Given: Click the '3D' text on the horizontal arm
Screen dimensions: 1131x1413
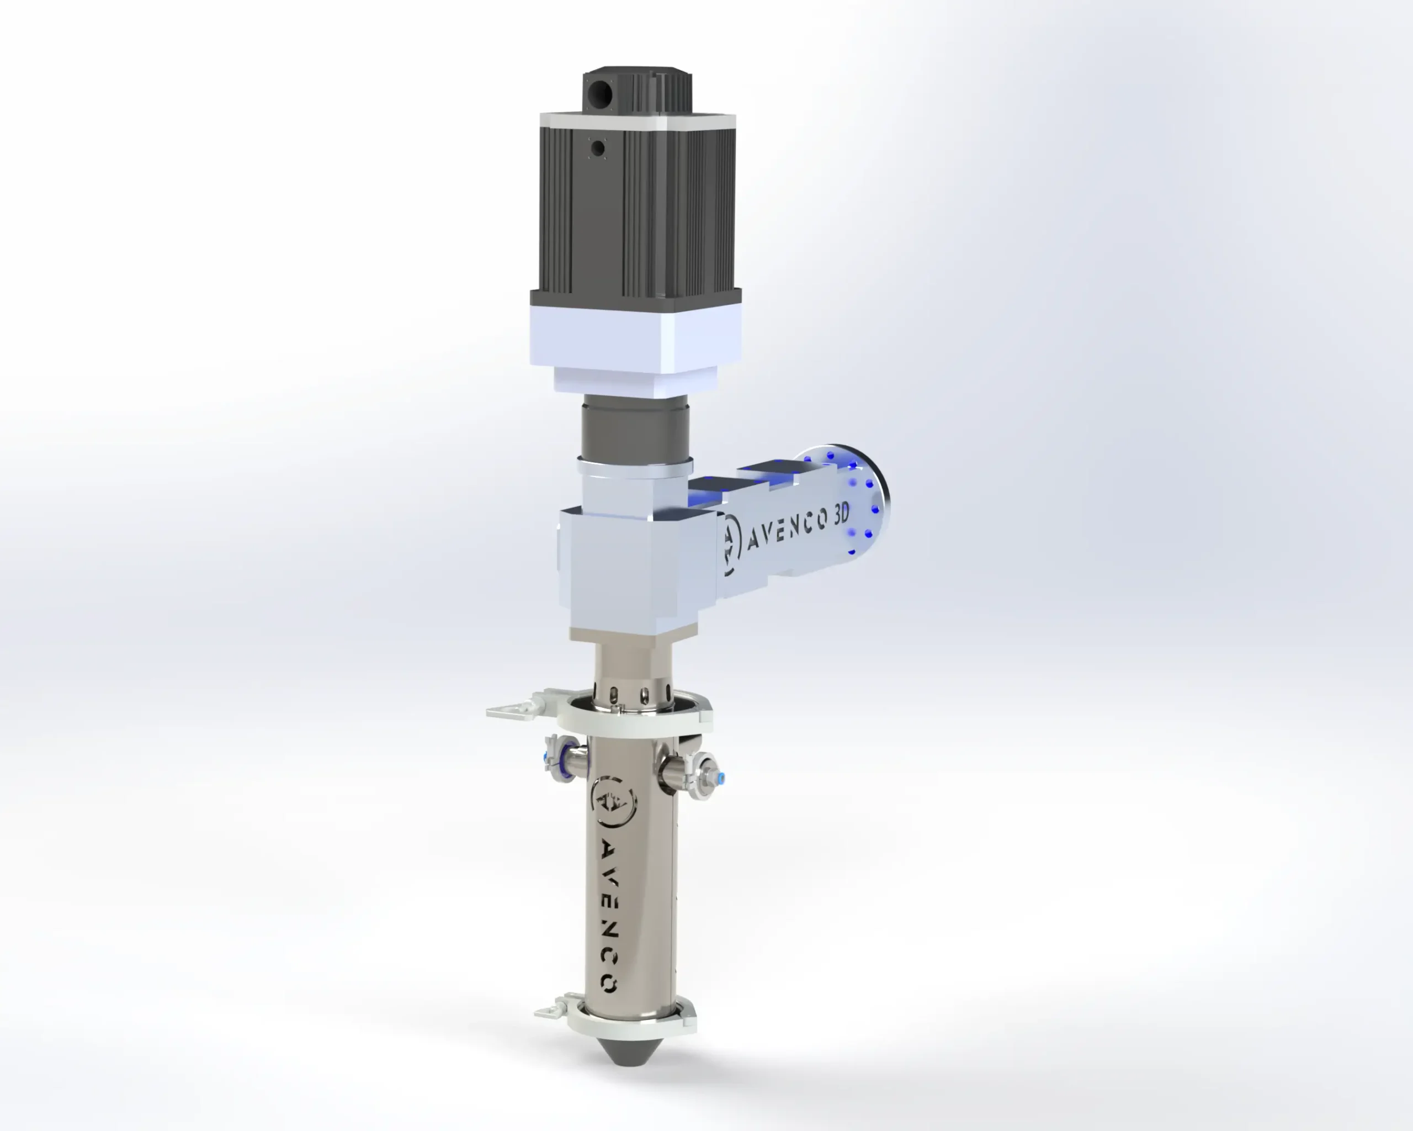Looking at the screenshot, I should coord(841,515).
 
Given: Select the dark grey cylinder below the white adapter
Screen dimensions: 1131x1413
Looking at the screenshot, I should coord(634,428).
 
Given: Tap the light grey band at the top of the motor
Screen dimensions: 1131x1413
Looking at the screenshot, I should coord(637,120).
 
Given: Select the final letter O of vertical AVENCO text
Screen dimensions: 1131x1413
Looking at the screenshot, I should coord(609,984).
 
